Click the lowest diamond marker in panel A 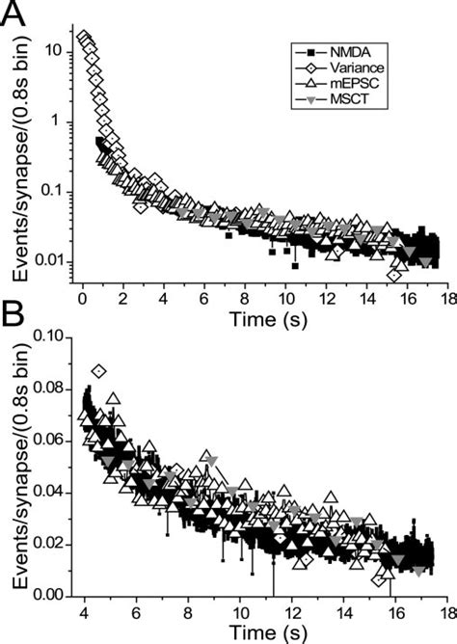tap(394, 276)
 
